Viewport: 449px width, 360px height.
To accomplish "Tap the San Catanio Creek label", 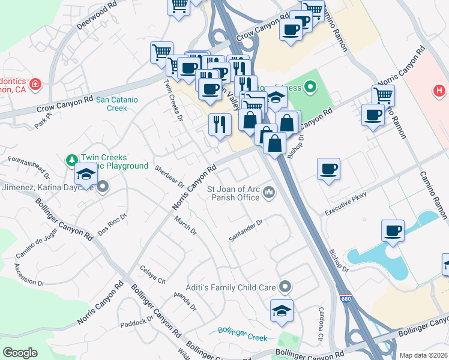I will [x=112, y=104].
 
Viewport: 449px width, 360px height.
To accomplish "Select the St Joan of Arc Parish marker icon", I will [x=270, y=193].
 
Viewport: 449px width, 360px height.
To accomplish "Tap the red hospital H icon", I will [x=440, y=91].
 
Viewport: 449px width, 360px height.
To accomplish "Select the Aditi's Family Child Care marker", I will [x=285, y=287].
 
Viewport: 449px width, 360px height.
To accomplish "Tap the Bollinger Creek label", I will [x=243, y=334].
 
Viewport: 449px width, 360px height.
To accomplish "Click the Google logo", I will [x=20, y=353].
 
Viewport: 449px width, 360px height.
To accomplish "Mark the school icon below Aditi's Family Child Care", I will [x=282, y=311].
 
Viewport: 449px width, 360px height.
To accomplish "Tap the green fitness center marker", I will [x=310, y=88].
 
